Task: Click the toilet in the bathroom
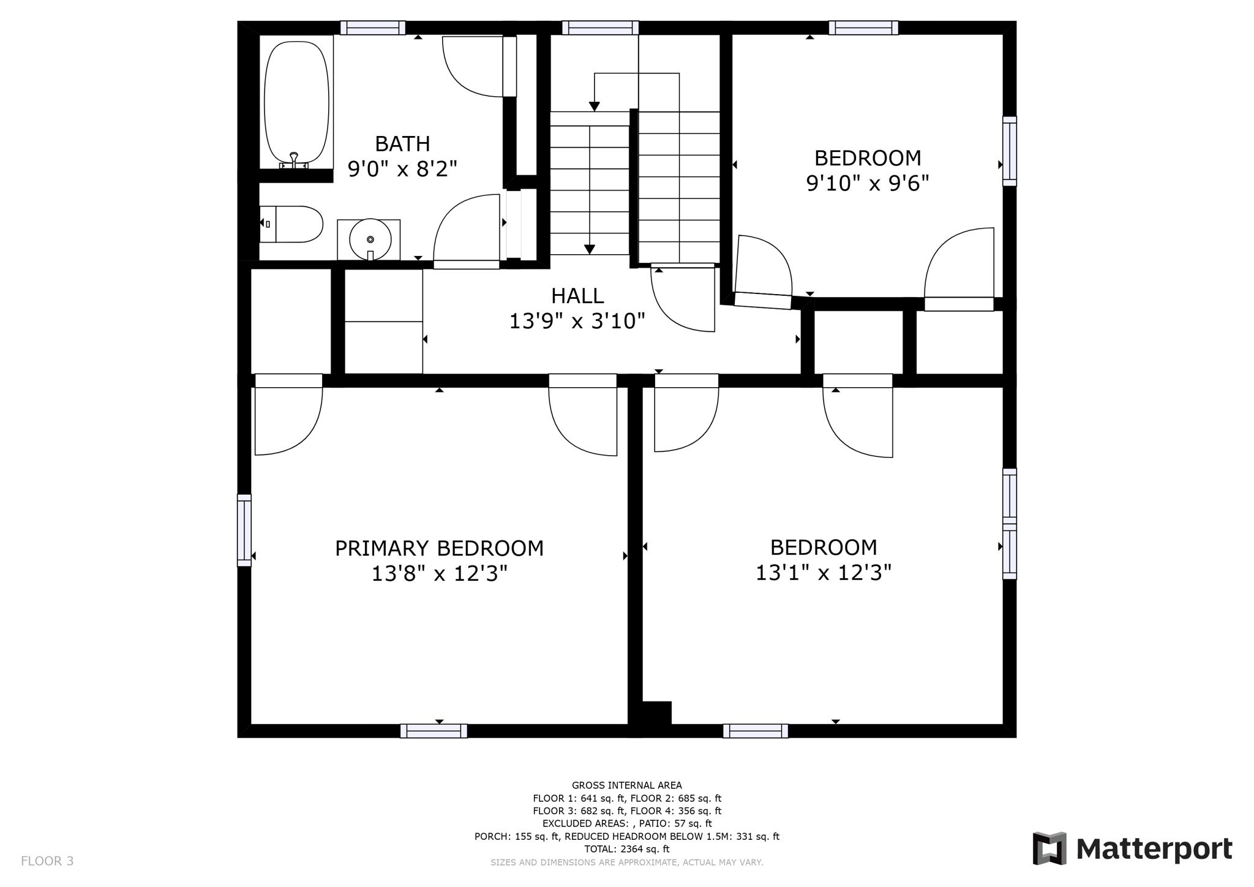pos(292,224)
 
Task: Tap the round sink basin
pos(370,240)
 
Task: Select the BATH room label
pos(402,144)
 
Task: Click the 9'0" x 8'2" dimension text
pos(402,168)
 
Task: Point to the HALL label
pos(577,296)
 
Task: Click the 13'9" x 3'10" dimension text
pos(577,321)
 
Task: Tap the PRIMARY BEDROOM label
pos(439,548)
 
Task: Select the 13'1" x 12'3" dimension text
pos(823,573)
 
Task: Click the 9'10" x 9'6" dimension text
pos(867,183)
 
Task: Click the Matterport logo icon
pos(1049,848)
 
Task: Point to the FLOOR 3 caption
pos(47,861)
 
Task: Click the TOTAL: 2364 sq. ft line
pos(626,849)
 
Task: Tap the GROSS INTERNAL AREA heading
pos(626,785)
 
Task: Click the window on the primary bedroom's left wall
pos(244,530)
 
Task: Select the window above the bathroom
pos(373,28)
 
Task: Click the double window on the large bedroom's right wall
pos(1009,524)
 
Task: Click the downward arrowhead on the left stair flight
pos(589,249)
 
